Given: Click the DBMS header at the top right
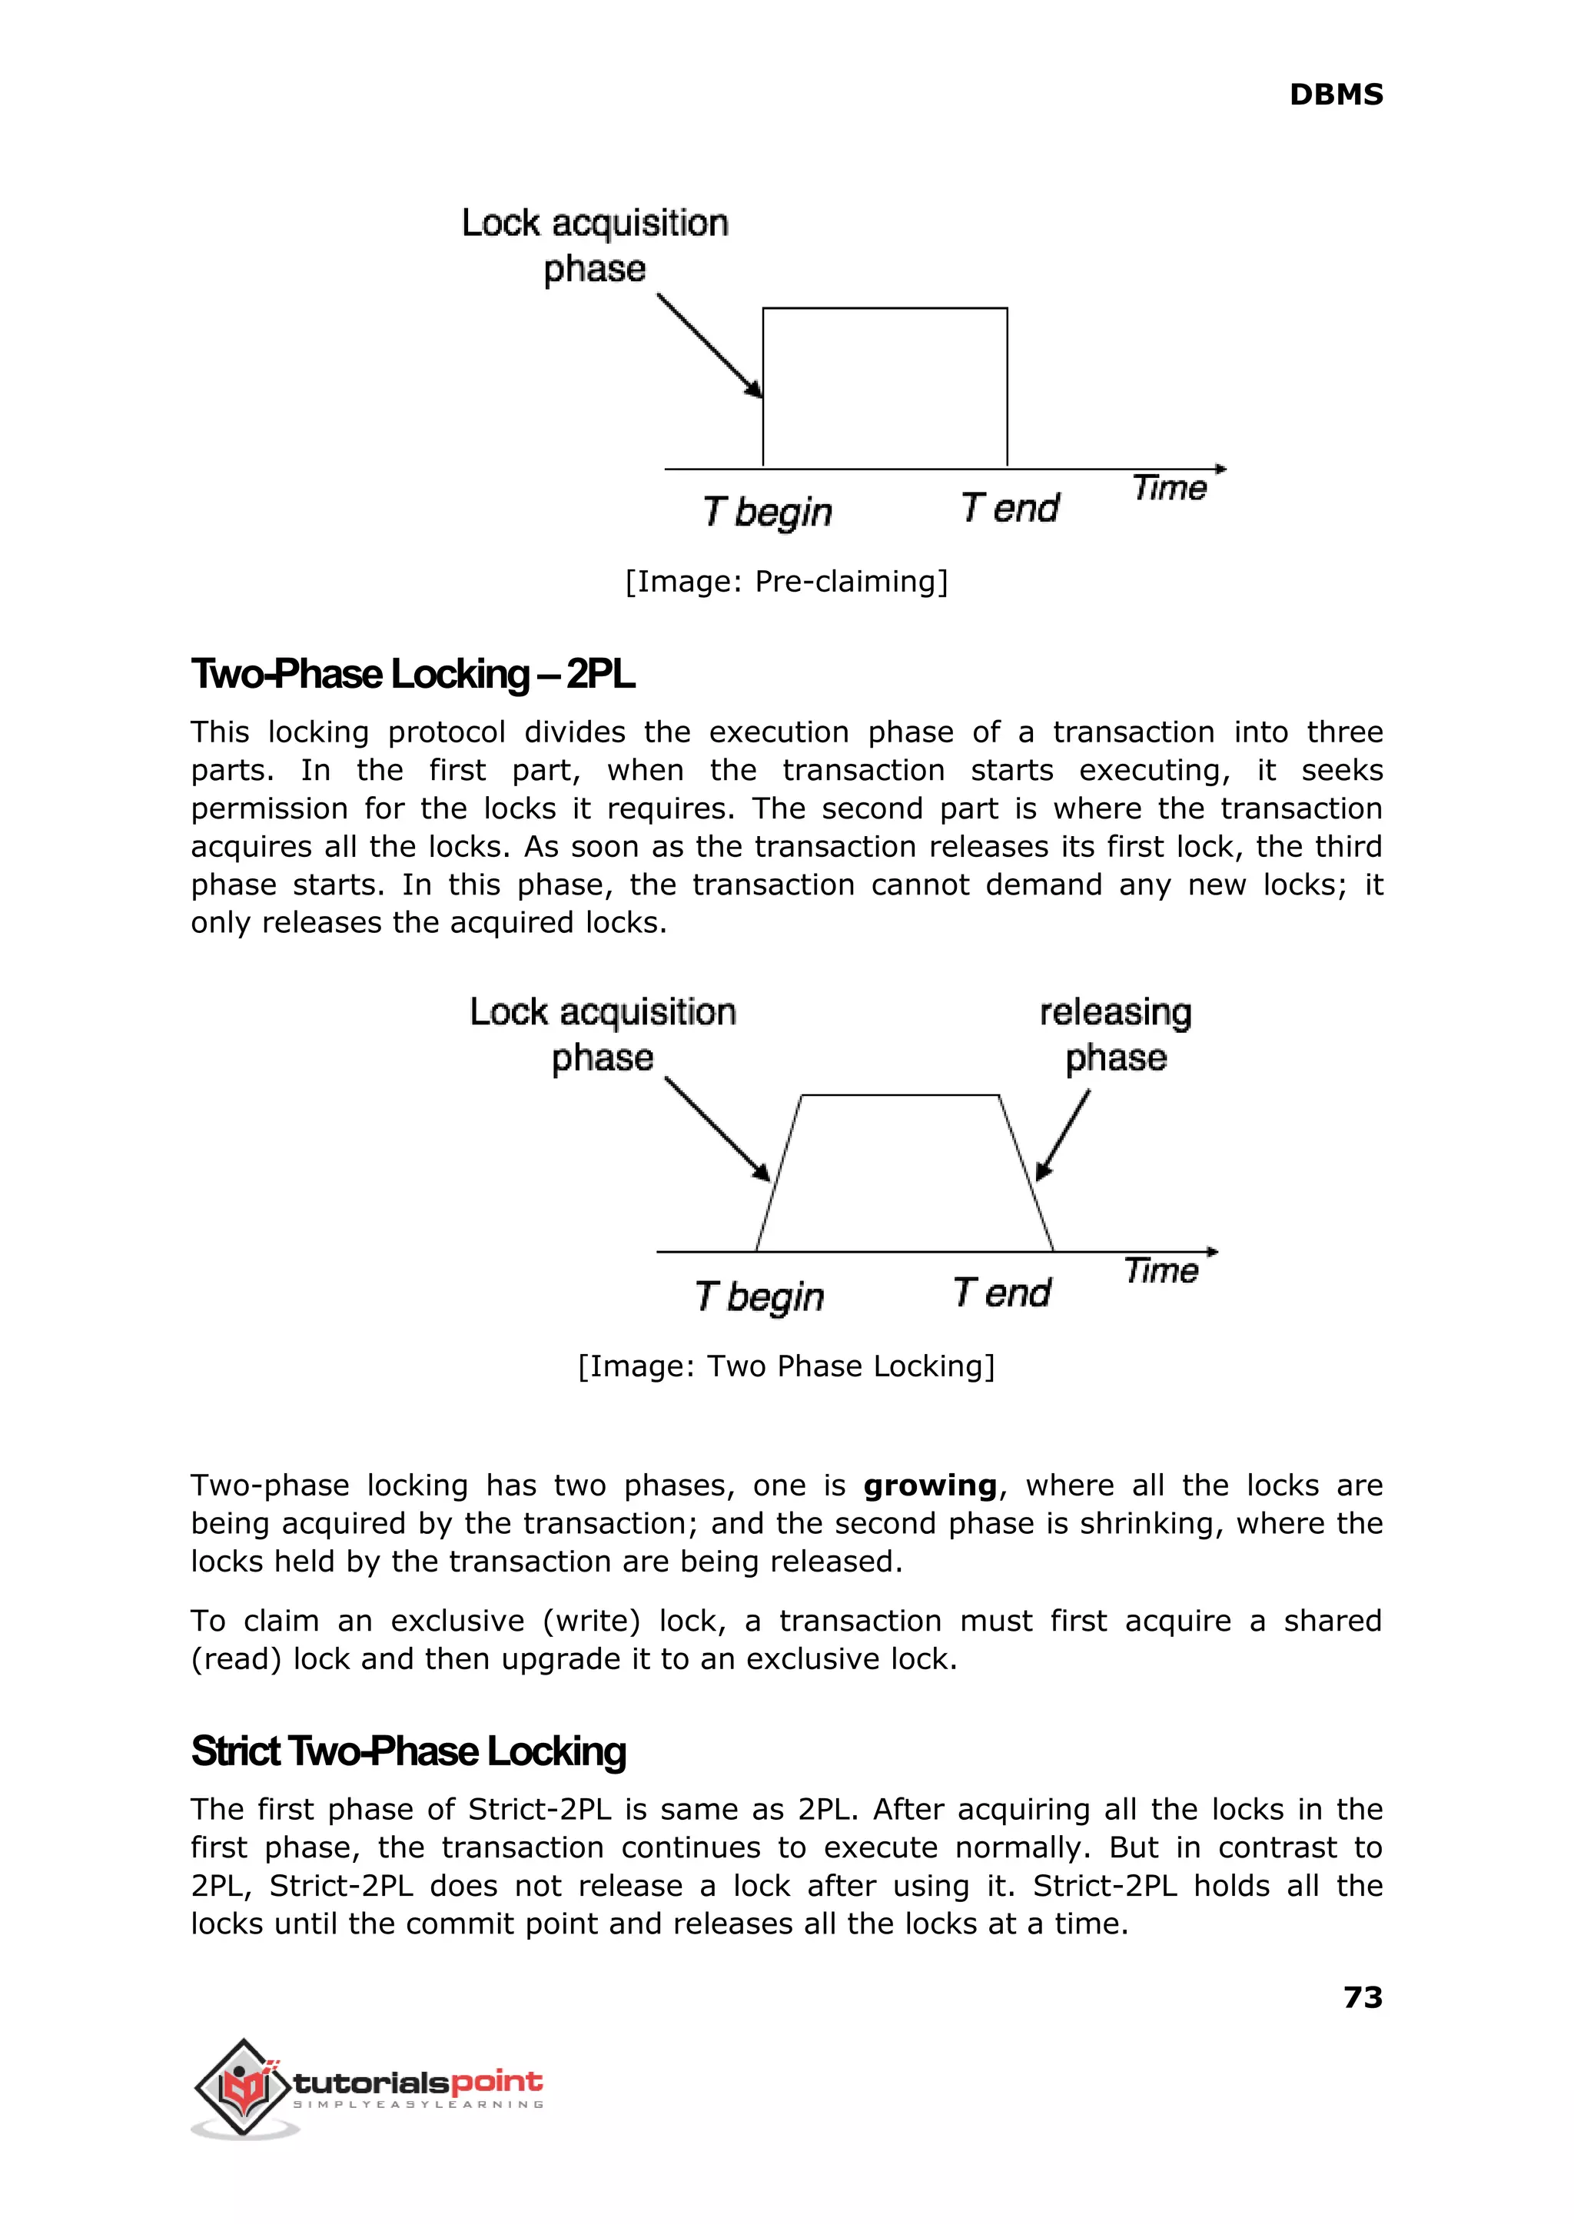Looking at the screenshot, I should [x=1335, y=95].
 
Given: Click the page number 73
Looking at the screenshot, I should [x=1362, y=1997].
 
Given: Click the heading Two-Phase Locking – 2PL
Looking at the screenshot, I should [x=413, y=675].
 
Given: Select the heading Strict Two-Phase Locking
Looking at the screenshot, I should [x=408, y=1751].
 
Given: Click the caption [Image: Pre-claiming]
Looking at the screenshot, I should [x=786, y=582].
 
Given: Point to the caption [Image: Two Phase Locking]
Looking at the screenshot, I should [x=786, y=1366].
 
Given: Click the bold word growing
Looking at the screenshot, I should [x=929, y=1485].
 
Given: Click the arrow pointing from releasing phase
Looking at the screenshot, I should [x=1063, y=1135].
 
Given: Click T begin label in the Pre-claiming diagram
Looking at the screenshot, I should [x=767, y=512].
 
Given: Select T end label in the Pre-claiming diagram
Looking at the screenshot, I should [x=1010, y=508].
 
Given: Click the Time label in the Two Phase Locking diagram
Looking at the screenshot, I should [x=1161, y=1270].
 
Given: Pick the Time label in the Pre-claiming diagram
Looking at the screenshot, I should [x=1169, y=487].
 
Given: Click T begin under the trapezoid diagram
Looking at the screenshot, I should [x=759, y=1296].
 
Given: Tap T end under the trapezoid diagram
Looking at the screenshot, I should [x=1001, y=1293].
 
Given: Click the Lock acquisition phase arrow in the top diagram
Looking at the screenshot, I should [x=709, y=345].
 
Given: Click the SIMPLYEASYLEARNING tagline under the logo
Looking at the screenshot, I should [x=418, y=2104].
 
